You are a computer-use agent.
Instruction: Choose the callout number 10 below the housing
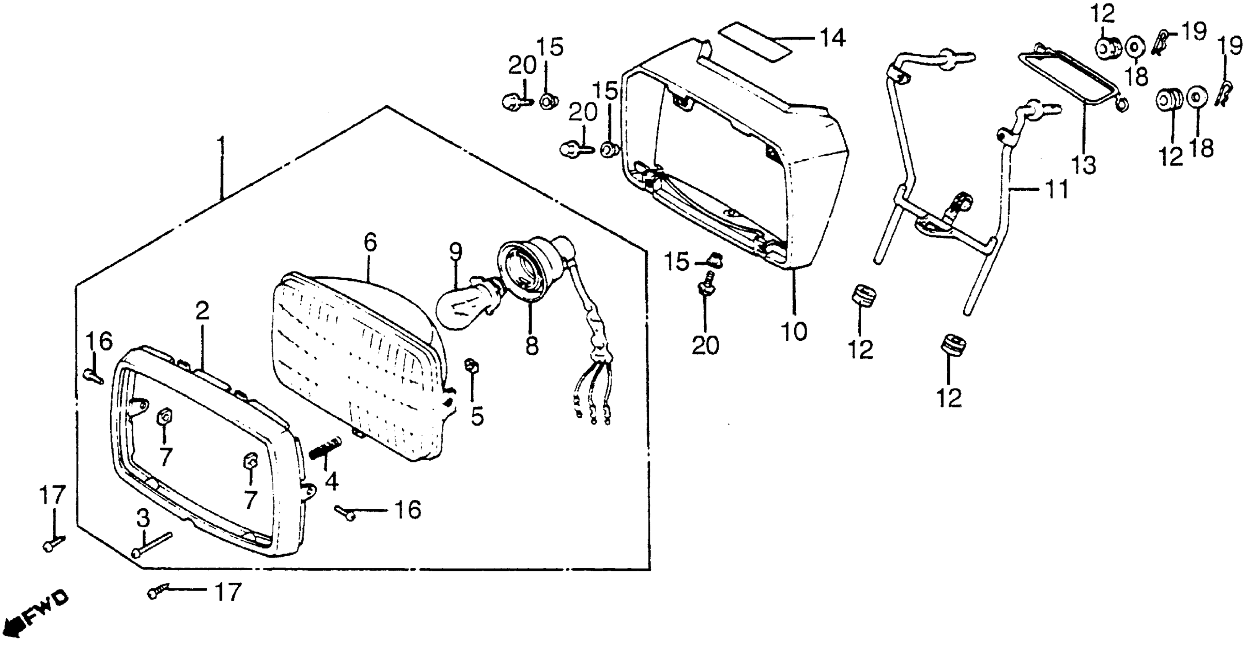(x=794, y=331)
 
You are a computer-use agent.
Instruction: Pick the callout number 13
(x=1084, y=165)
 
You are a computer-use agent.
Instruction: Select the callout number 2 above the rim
(x=202, y=311)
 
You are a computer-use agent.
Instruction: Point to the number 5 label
(x=478, y=416)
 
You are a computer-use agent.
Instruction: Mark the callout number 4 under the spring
(x=332, y=482)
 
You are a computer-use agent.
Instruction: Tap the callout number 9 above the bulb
(x=456, y=251)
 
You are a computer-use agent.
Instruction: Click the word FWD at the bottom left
(x=46, y=611)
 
